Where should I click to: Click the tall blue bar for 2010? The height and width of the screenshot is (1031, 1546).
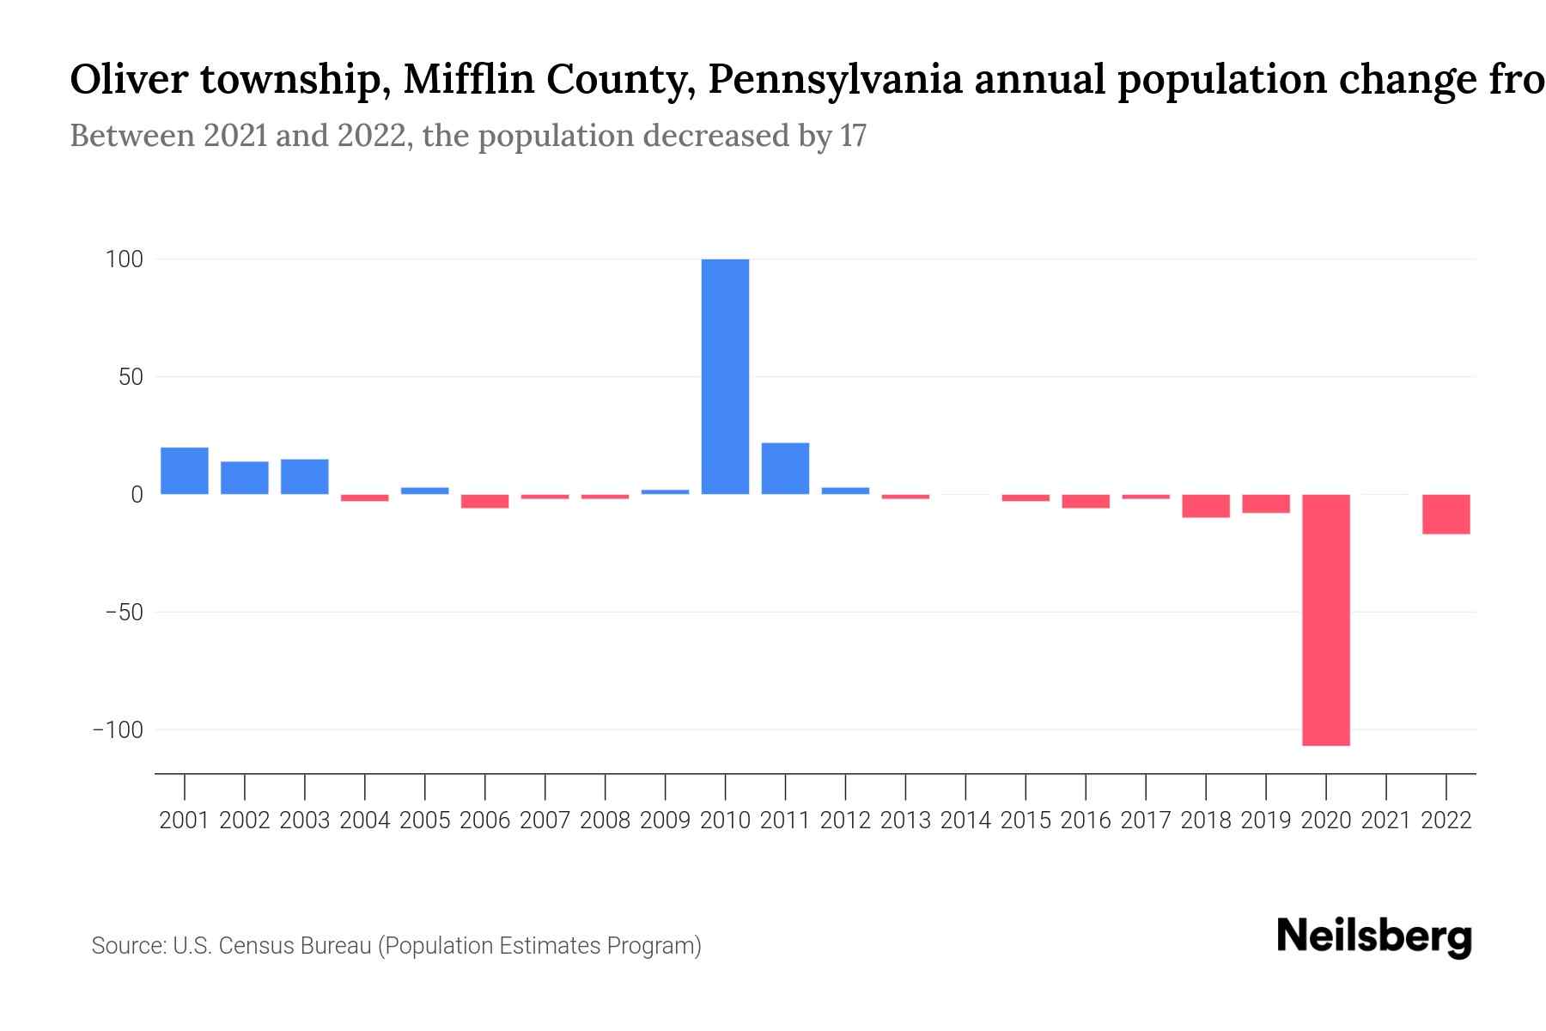pos(725,376)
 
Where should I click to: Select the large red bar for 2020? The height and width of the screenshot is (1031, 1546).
pos(1325,619)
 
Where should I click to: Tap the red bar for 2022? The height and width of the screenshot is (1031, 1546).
pos(1446,514)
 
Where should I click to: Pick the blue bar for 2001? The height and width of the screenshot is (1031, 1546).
pos(184,471)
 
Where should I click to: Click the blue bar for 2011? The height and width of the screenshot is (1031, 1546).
pos(785,468)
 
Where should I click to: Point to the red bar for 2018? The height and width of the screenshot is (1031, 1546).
pos(1205,506)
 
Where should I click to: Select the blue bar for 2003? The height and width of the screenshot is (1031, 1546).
pos(304,477)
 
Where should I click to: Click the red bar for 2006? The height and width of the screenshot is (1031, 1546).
pos(484,501)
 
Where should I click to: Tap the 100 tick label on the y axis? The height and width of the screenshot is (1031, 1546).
pos(125,259)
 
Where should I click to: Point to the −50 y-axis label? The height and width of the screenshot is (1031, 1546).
pos(124,613)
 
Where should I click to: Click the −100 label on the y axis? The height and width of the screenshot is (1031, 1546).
pos(118,730)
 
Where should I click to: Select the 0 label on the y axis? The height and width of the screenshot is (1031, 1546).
pos(137,495)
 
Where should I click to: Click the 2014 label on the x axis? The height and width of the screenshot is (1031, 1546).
pos(965,821)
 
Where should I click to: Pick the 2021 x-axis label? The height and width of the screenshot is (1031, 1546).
pos(1385,821)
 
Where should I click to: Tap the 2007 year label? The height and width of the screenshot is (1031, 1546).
pos(545,821)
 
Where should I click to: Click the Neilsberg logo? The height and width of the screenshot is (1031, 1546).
pos(1374,936)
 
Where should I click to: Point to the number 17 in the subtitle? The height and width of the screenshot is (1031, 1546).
pos(853,136)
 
